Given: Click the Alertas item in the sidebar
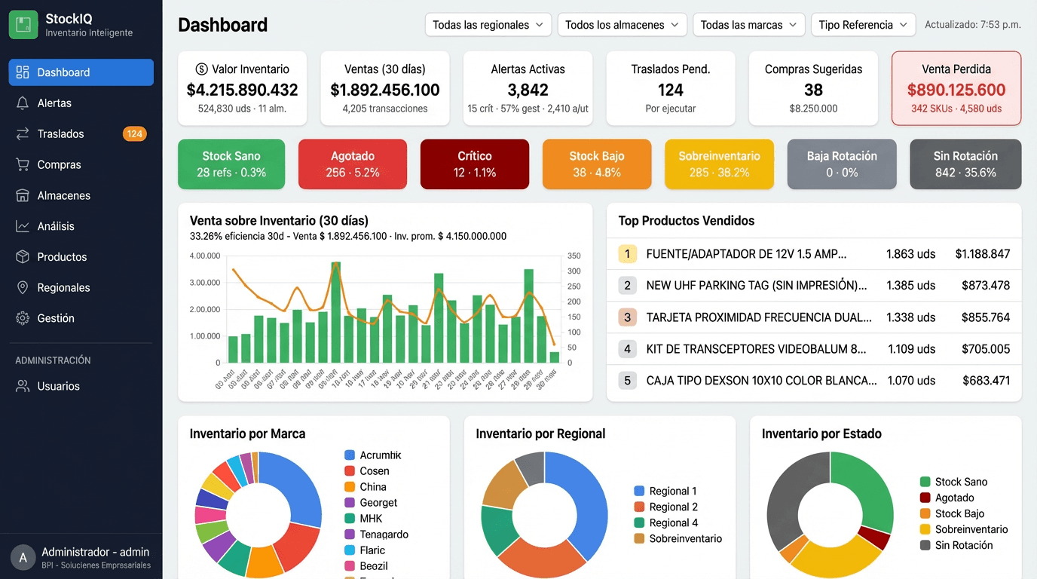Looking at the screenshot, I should click(x=54, y=103).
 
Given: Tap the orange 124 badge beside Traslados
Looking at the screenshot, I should click(x=134, y=134).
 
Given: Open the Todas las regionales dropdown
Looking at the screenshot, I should click(x=488, y=25).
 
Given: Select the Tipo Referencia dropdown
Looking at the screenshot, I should click(x=863, y=25).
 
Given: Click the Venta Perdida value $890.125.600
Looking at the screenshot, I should click(x=956, y=90).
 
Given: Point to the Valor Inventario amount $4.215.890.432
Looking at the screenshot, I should click(x=242, y=90).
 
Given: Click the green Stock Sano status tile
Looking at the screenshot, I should click(x=231, y=164).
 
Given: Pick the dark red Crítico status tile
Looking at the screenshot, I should click(x=474, y=164).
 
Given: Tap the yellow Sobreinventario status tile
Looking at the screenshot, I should click(x=719, y=164).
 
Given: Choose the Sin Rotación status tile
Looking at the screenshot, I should click(x=965, y=164).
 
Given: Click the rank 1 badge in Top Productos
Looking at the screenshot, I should click(x=627, y=254).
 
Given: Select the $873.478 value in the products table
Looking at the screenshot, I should click(x=985, y=286).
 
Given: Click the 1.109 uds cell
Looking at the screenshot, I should click(x=911, y=349).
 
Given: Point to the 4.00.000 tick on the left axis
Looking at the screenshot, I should click(x=205, y=256).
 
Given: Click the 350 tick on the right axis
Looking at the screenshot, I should click(x=574, y=256).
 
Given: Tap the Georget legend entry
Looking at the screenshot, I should click(x=378, y=503).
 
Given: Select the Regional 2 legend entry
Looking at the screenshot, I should click(x=673, y=507).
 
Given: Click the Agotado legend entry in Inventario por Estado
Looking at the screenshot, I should click(x=954, y=498).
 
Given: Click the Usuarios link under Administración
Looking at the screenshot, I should click(x=58, y=386).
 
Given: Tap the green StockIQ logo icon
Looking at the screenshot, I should click(x=23, y=25).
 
